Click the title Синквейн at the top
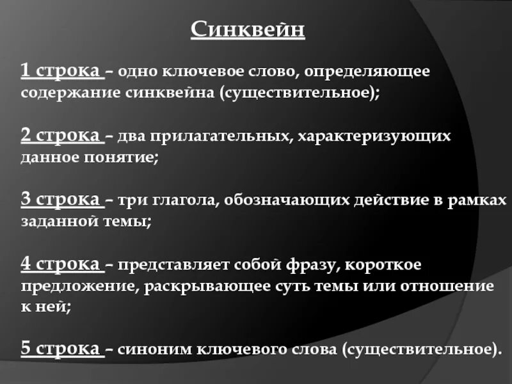pyautogui.click(x=248, y=30)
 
